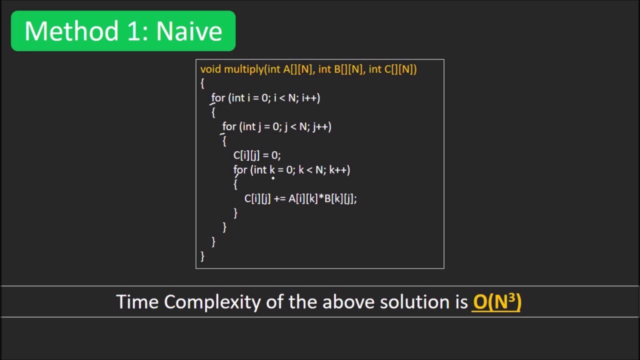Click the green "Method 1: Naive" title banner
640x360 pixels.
123,31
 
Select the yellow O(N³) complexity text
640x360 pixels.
496,301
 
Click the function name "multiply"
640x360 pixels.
244,69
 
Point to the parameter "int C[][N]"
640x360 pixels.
392,69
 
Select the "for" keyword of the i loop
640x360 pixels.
218,98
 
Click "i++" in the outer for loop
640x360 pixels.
310,98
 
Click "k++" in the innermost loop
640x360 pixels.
339,170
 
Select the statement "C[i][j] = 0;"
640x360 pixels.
256,155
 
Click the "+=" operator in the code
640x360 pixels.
279,198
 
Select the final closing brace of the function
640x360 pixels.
202,256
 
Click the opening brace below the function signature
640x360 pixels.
202,83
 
